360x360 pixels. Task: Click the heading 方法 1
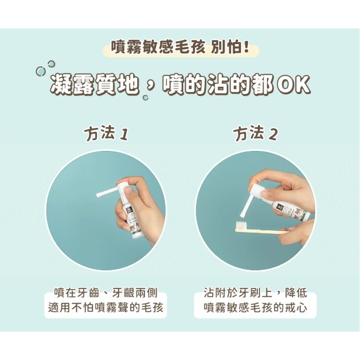click(x=106, y=133)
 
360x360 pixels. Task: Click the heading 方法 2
click(x=255, y=133)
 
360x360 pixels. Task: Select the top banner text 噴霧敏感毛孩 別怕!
click(x=180, y=49)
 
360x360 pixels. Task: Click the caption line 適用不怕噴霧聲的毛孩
click(x=106, y=309)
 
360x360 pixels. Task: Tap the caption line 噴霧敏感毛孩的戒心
click(x=255, y=309)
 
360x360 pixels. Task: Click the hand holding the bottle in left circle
click(x=142, y=211)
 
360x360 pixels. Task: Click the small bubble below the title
click(x=145, y=97)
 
